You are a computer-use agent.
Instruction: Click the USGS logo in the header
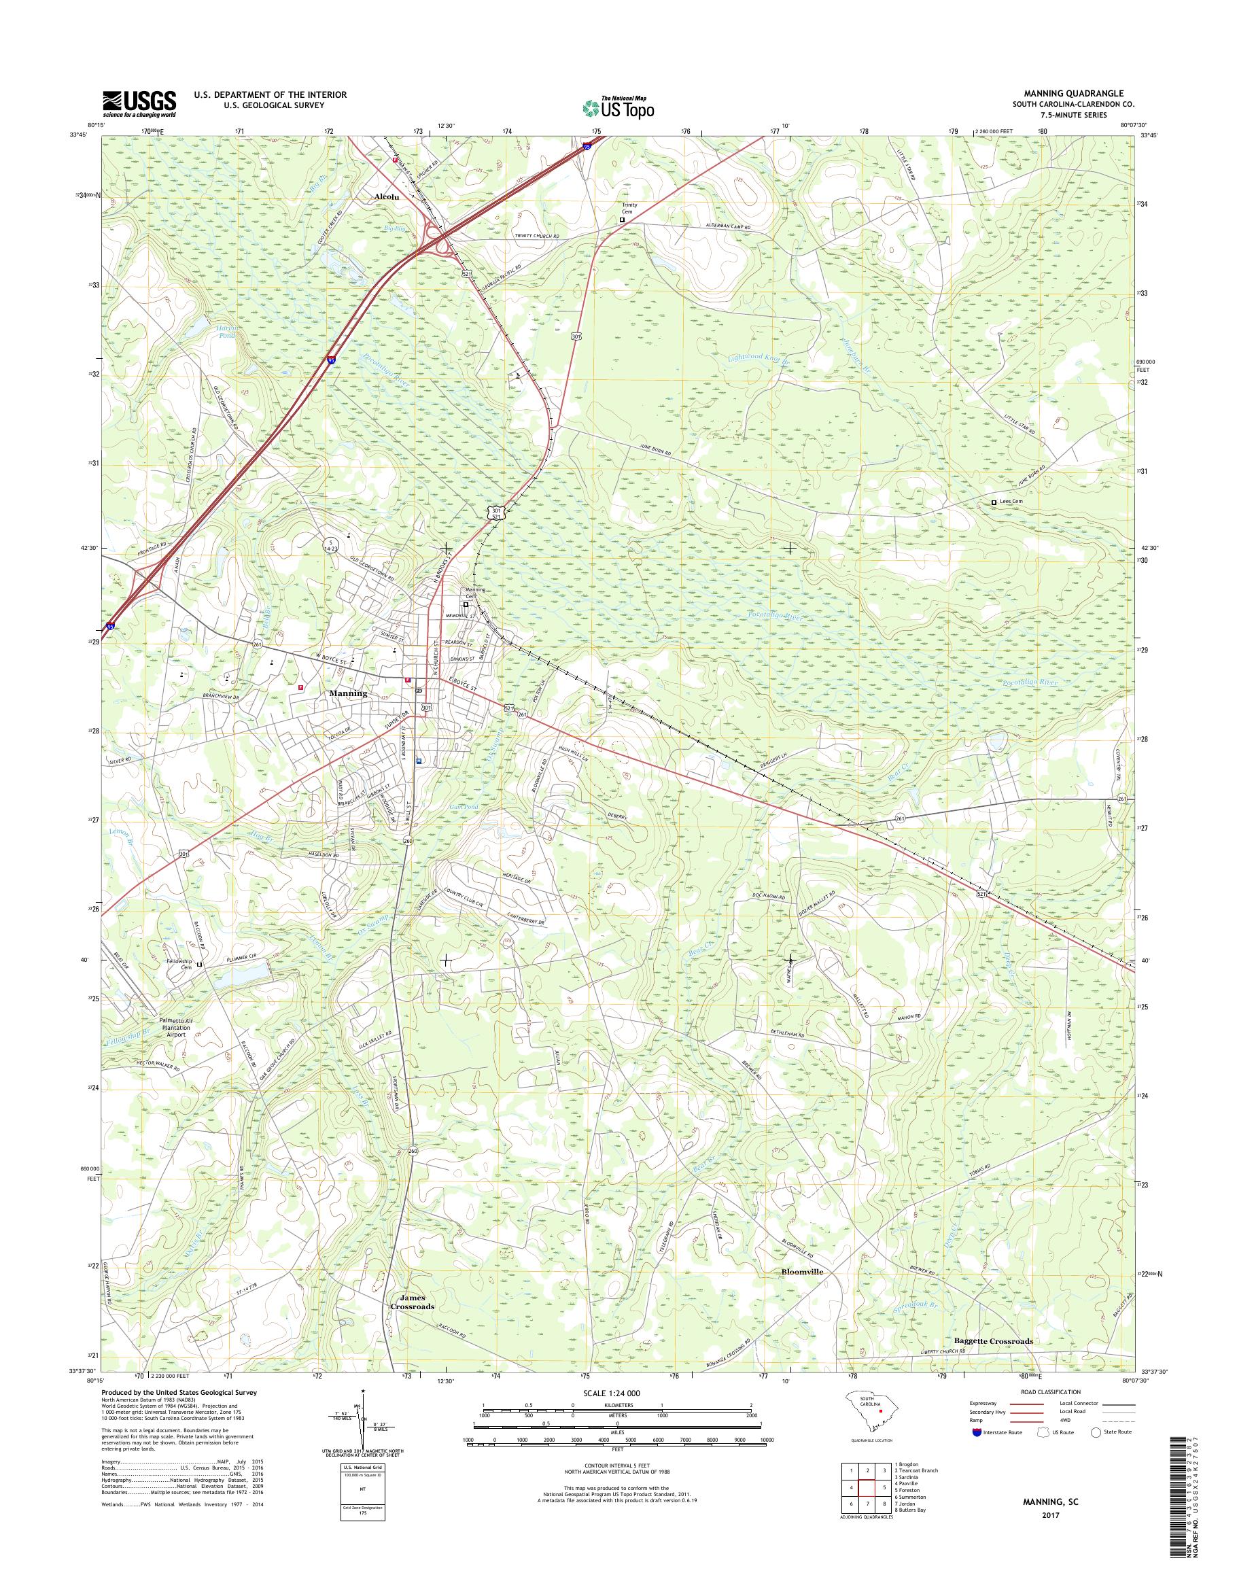(139, 104)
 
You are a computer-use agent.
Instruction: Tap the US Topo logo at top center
(618, 107)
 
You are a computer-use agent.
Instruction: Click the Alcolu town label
(387, 196)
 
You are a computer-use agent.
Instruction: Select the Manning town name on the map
(349, 693)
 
